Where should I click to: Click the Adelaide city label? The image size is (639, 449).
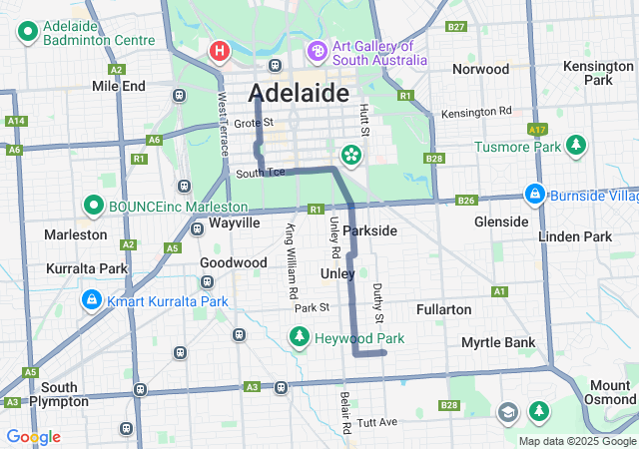coord(300,93)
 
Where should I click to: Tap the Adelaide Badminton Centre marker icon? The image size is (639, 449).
coord(27,33)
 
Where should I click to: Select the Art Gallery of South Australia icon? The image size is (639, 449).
coord(317,50)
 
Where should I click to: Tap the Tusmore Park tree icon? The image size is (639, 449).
coord(576,146)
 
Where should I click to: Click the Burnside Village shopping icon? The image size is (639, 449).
coord(535,193)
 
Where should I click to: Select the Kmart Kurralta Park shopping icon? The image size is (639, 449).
coord(91,299)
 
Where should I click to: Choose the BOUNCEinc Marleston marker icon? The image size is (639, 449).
coord(94,207)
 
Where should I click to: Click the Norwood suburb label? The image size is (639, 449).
coord(480,69)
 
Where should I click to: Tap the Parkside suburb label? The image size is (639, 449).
coord(369,230)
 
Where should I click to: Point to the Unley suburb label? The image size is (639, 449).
coord(337,272)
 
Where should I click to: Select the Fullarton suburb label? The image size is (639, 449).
coord(443,309)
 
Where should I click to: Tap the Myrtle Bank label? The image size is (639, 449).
coord(497,342)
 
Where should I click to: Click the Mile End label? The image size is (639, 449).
coord(119,86)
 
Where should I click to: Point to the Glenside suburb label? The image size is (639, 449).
coord(501,221)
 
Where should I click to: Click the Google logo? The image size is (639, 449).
coord(33,437)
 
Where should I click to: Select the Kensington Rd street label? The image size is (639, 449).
coord(476,112)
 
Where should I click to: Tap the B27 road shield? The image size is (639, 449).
coord(457,27)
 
